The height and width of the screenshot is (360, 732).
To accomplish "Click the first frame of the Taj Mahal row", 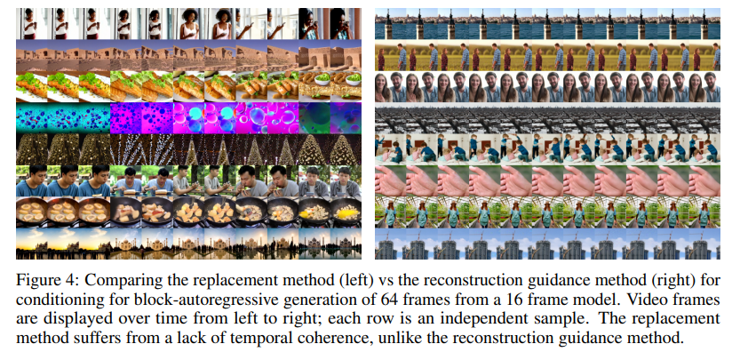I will pyautogui.click(x=31, y=242).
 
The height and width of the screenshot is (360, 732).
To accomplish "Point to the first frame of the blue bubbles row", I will pyautogui.click(x=31, y=117).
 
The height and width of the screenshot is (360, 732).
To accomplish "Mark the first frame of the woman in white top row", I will pyautogui.click(x=31, y=24).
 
